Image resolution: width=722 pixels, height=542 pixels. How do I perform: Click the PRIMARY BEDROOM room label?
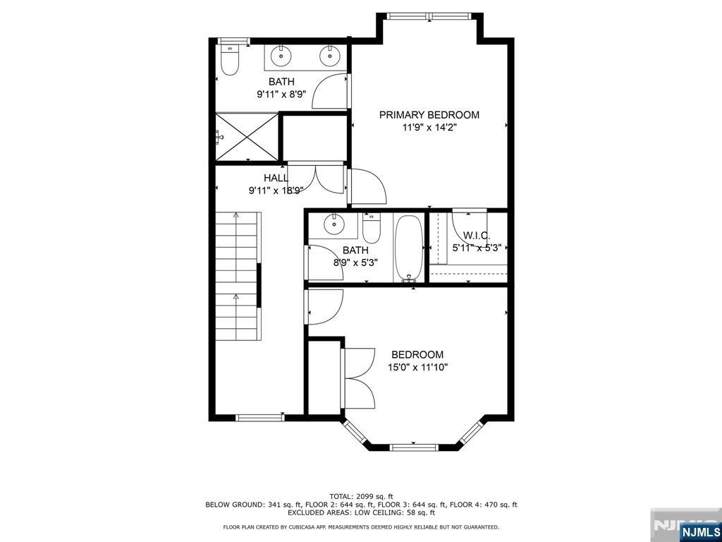(x=429, y=115)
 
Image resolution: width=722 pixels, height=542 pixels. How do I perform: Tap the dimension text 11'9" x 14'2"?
(x=429, y=128)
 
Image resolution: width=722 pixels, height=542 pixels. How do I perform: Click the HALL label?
(x=276, y=178)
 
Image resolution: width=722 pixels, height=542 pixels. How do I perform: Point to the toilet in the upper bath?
(x=229, y=60)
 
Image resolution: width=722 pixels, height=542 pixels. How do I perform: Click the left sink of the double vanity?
(x=281, y=56)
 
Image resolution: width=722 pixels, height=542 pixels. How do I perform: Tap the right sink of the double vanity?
(x=330, y=56)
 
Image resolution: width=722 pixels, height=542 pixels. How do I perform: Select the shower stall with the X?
(x=247, y=138)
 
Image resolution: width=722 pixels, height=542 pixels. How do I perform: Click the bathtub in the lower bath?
(x=408, y=248)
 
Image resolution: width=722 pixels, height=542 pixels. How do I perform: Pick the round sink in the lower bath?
(x=334, y=225)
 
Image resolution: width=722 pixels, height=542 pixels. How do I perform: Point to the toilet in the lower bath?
(x=371, y=228)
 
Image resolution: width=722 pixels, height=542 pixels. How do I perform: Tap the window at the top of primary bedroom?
(x=429, y=16)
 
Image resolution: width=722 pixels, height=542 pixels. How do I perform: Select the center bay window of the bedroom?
(x=414, y=447)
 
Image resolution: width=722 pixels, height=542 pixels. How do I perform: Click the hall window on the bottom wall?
(x=259, y=418)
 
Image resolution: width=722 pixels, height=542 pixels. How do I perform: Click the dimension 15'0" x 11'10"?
(x=418, y=367)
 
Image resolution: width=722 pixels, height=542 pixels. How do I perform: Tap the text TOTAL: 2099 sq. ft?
(x=362, y=496)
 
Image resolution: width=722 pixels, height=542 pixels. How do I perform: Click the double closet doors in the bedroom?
(x=358, y=378)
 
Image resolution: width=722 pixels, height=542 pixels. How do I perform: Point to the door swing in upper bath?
(x=330, y=91)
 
